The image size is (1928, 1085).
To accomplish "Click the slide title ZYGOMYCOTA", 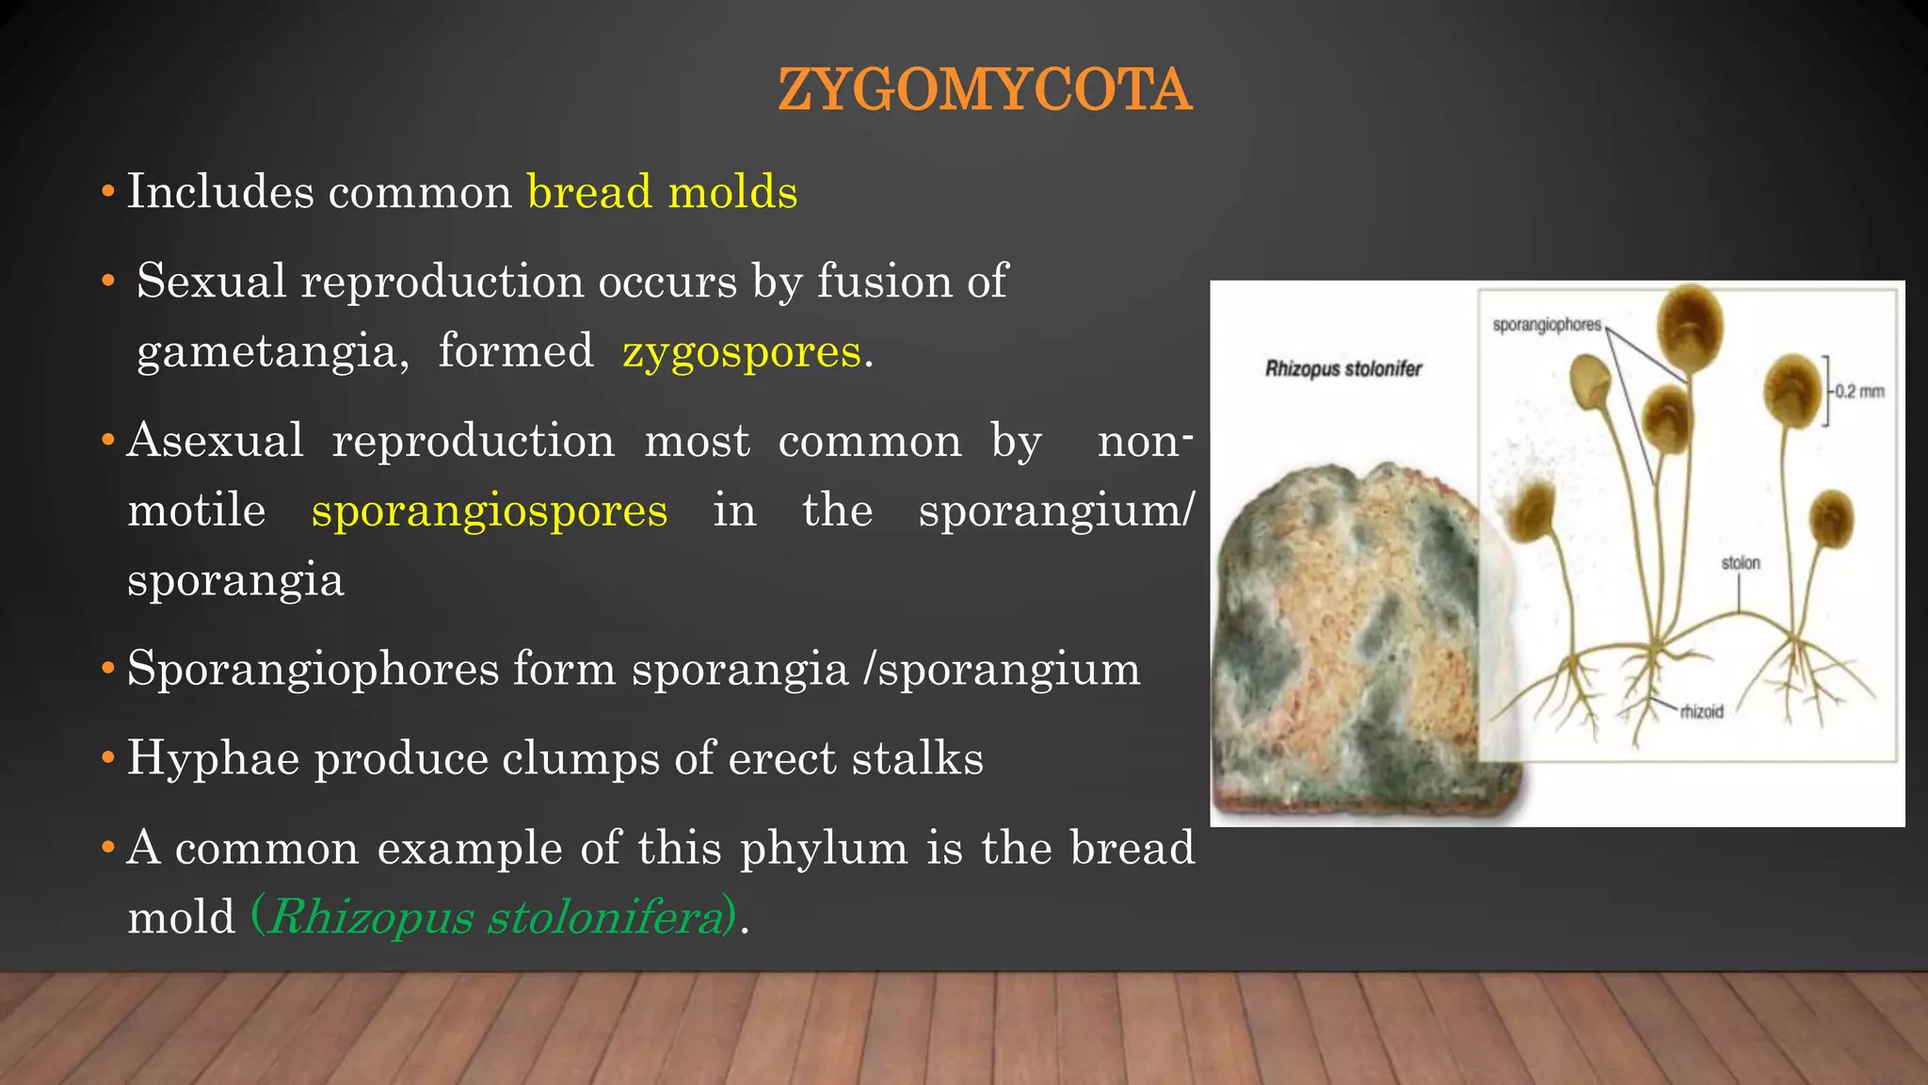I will point(985,90).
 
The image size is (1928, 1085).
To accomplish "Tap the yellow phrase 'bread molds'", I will point(662,192).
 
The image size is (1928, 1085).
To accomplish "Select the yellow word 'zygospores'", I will point(742,352).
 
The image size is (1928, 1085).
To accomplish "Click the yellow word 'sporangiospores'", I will point(490,510).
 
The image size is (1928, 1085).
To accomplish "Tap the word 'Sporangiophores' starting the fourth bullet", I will point(313,669).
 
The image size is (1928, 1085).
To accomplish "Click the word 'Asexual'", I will point(216,441).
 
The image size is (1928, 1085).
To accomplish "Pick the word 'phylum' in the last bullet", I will point(824,848).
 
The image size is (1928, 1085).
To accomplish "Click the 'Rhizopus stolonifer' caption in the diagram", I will point(1342,369).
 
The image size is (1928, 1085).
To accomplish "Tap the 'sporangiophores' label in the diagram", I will point(1546,325).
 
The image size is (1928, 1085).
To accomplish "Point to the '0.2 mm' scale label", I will point(1859,392).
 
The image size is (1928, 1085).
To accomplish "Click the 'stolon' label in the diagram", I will point(1740,563).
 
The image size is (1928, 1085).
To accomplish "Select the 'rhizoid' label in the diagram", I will point(1701,712).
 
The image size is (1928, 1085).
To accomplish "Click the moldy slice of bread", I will point(1356,640).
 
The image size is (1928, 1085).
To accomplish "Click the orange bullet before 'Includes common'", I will point(108,193).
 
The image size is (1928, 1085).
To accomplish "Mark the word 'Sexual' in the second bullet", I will point(211,282).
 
